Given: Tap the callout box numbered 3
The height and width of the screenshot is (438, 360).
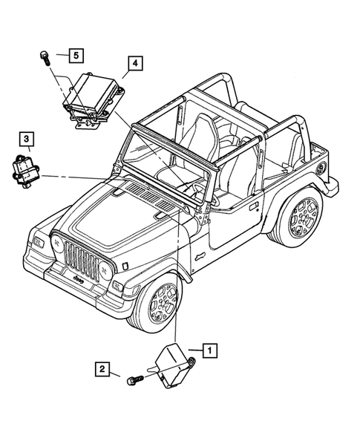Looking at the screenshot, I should tap(25, 138).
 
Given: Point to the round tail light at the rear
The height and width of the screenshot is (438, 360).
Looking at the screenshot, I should tap(320, 167).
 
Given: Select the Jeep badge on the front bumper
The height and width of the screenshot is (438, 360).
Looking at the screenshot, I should tap(78, 281).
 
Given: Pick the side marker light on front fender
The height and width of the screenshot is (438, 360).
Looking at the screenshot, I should tap(125, 265).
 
